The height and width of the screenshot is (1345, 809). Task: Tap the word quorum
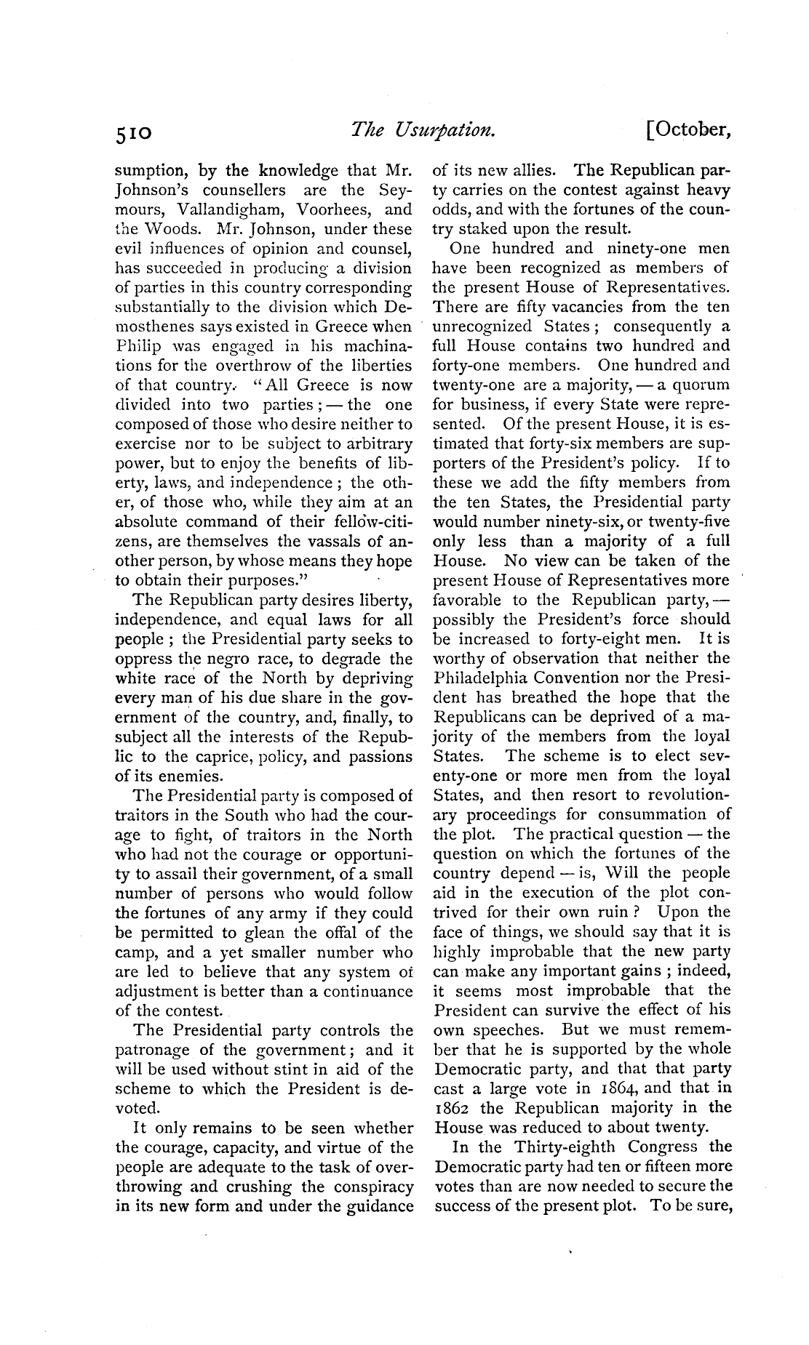click(x=700, y=385)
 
